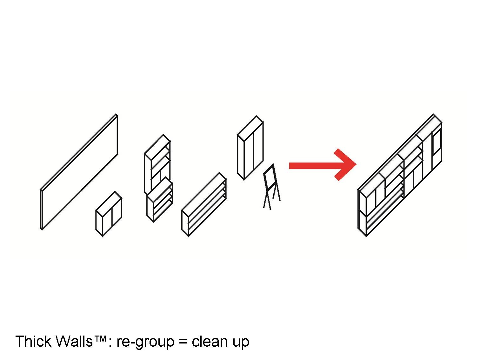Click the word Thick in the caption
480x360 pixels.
click(x=33, y=341)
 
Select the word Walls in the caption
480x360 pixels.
click(x=74, y=341)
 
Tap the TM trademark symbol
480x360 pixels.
click(x=100, y=338)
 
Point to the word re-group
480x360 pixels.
click(x=145, y=342)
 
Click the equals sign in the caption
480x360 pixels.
click(x=183, y=342)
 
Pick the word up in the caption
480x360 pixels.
click(x=241, y=343)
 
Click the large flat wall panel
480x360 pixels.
click(x=79, y=172)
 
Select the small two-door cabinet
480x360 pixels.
click(x=109, y=214)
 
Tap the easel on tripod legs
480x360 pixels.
click(x=272, y=187)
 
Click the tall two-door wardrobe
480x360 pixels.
click(x=250, y=148)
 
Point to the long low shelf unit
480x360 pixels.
click(x=204, y=204)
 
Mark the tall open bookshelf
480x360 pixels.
click(x=157, y=164)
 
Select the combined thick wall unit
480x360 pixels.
click(x=400, y=175)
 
